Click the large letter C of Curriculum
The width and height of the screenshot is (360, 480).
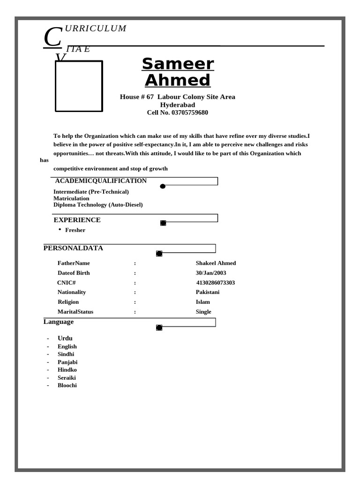click(x=52, y=37)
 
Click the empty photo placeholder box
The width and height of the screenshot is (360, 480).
click(x=79, y=86)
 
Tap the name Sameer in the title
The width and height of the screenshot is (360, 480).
click(x=178, y=64)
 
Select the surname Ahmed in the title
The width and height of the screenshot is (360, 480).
click(x=178, y=80)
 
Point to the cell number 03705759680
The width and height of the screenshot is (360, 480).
click(x=189, y=112)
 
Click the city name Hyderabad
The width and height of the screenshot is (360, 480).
click(x=178, y=105)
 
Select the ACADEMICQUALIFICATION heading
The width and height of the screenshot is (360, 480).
click(x=101, y=181)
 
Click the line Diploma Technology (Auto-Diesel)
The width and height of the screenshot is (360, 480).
click(x=98, y=205)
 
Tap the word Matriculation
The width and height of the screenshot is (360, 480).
click(x=71, y=198)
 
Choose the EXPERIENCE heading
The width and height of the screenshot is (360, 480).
click(x=77, y=220)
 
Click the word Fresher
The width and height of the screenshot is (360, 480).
click(x=75, y=230)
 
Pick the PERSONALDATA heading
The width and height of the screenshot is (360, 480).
click(x=73, y=248)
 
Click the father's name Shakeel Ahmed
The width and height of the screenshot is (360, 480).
click(x=216, y=263)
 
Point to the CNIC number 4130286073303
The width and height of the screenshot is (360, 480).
click(x=216, y=283)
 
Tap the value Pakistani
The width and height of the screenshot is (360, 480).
click(x=208, y=292)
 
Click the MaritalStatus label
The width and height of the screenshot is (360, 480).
click(x=75, y=312)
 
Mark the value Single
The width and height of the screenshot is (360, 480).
click(x=203, y=312)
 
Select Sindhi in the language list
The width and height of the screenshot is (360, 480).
click(x=66, y=354)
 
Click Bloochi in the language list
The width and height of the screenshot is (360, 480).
click(x=67, y=385)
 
